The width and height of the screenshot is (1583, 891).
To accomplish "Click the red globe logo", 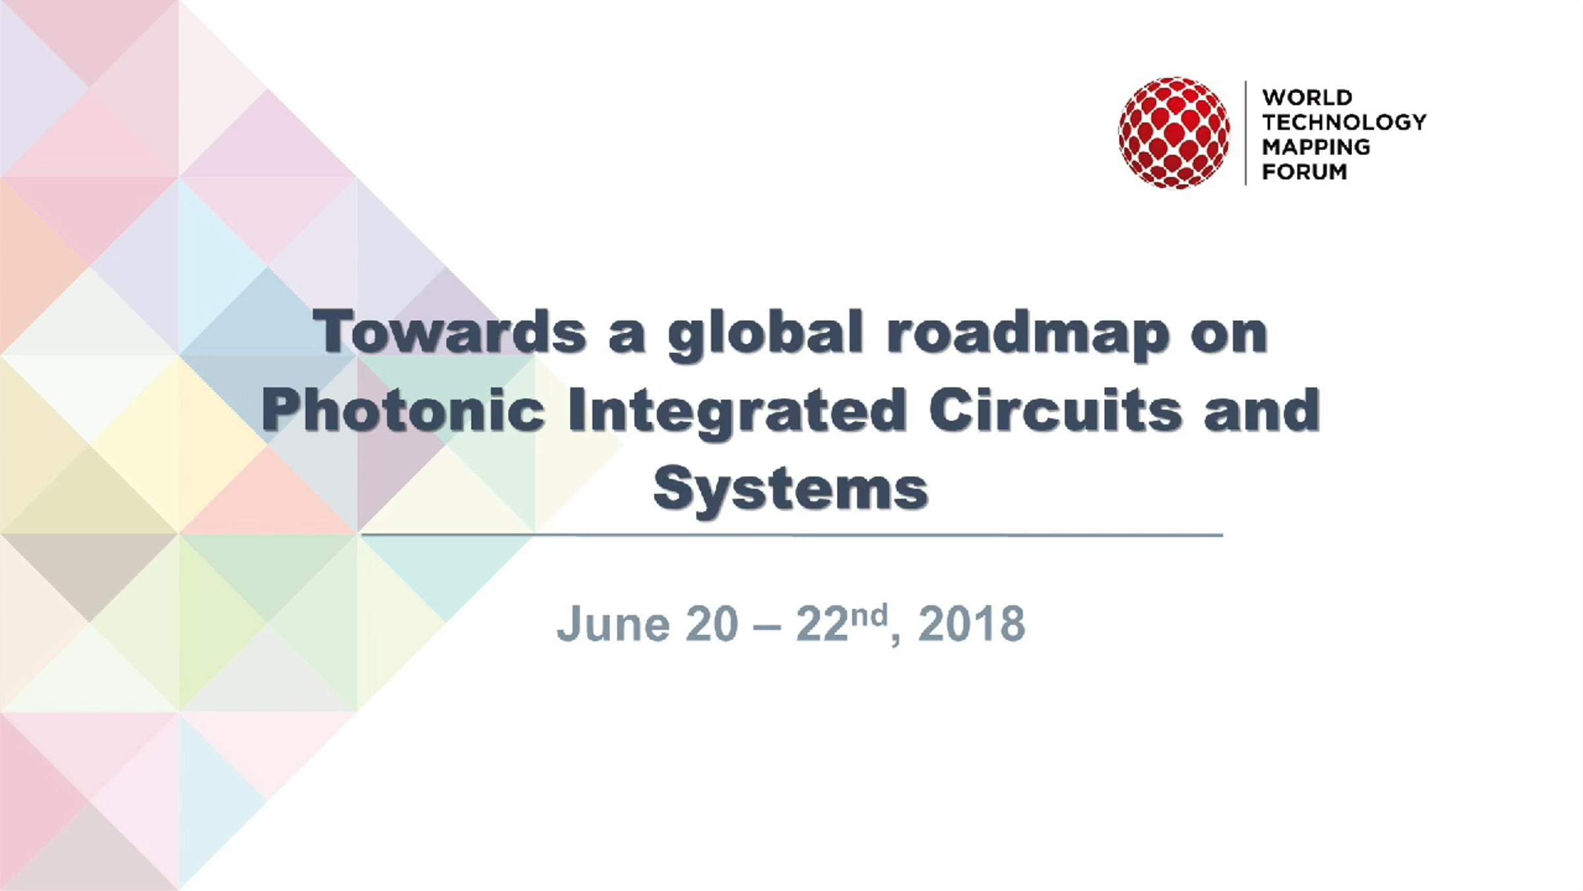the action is point(1174,133).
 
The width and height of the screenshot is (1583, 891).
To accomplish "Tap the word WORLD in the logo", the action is point(1307,98).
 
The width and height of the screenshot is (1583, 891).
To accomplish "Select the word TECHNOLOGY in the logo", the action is point(1344,122).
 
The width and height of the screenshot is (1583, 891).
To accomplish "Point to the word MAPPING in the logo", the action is point(1316,147).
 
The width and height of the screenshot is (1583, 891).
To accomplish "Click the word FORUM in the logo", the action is point(1304,172).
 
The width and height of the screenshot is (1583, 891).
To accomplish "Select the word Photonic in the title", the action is point(404,410).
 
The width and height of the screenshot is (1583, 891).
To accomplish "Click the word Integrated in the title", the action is point(737,413).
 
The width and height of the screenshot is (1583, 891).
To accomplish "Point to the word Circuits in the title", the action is point(1055,410).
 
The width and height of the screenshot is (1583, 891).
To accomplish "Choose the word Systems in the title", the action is point(791,490).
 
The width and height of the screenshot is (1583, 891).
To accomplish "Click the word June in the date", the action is point(613,623).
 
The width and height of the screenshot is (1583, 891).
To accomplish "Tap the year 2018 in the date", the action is point(972,623).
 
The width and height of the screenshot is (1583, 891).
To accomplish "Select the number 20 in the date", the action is point(712,623).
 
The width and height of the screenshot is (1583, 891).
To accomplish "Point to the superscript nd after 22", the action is point(868,615).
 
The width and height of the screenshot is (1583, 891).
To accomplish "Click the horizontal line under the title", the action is point(792,535).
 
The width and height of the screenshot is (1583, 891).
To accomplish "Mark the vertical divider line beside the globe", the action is point(1246,133).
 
